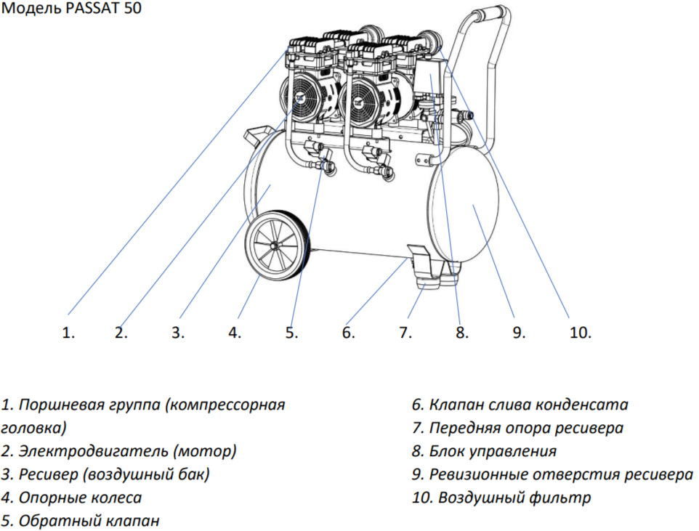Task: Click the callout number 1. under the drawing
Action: (x=69, y=333)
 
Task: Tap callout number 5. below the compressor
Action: (x=291, y=333)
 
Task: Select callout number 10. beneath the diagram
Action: (x=580, y=333)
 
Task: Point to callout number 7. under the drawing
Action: (x=405, y=333)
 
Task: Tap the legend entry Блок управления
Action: (x=493, y=451)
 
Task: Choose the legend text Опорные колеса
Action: (x=80, y=498)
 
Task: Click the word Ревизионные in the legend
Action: (x=480, y=474)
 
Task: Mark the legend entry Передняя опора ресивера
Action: (x=525, y=428)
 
